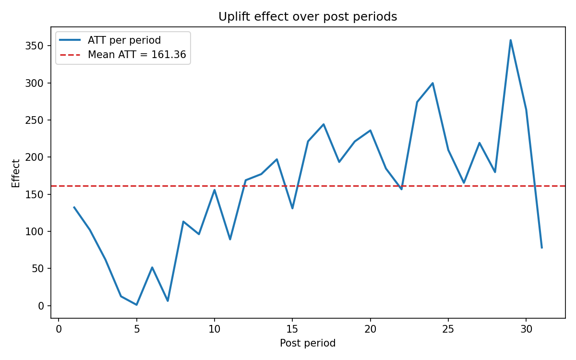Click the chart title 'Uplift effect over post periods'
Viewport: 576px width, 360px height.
(x=308, y=17)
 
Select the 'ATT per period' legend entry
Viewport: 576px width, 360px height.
(x=124, y=41)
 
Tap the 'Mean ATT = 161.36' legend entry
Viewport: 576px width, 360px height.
(x=136, y=55)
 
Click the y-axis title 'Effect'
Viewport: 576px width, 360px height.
(x=16, y=173)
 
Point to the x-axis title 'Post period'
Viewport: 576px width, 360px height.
(x=308, y=343)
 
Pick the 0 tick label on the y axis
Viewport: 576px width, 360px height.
(x=41, y=306)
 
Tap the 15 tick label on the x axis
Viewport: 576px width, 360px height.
(x=292, y=329)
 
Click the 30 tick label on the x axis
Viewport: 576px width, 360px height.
(x=526, y=329)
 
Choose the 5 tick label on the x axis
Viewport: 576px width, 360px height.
(x=136, y=329)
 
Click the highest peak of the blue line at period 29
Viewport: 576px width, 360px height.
(x=510, y=40)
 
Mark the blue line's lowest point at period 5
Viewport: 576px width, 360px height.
(x=136, y=305)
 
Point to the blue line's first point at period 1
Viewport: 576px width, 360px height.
(x=74, y=207)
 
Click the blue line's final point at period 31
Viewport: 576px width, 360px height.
(x=541, y=248)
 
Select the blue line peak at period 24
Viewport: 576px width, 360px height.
(x=432, y=83)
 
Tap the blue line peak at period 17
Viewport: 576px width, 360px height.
(x=324, y=124)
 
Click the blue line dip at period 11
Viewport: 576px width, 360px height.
(x=230, y=239)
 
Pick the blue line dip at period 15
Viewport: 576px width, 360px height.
(x=292, y=208)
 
